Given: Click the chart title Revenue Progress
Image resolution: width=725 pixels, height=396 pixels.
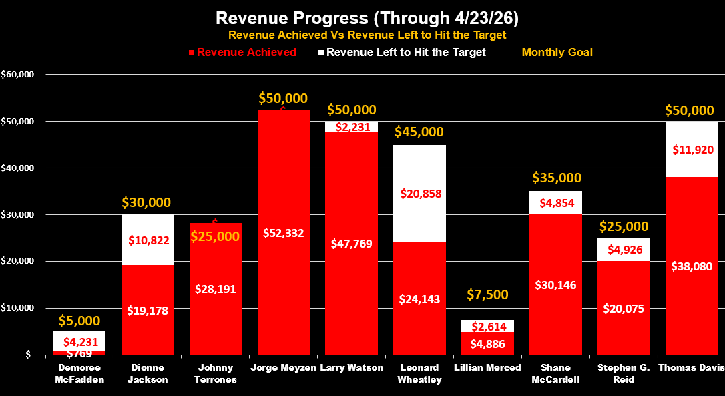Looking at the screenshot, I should click(x=362, y=17).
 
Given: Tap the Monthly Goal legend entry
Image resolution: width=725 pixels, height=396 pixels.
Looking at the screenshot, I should click(x=557, y=52).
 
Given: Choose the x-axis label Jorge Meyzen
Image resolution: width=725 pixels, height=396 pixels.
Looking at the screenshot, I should click(x=283, y=368).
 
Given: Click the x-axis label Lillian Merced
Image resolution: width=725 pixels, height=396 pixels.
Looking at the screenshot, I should click(x=487, y=368).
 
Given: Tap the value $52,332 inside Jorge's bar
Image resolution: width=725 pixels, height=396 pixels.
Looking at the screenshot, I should click(x=283, y=233).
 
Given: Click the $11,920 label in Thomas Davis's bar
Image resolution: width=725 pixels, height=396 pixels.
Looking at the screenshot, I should click(x=692, y=149).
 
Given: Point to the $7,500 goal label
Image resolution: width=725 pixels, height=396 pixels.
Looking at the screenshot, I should click(x=487, y=294).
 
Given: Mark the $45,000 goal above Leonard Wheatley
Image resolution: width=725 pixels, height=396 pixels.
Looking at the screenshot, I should click(x=419, y=132).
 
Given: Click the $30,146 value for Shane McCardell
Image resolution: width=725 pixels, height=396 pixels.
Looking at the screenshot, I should click(x=555, y=284).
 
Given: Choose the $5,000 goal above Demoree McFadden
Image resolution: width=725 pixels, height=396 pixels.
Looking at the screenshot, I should click(x=79, y=321).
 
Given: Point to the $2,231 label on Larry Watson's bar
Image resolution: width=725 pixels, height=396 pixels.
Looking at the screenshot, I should click(x=351, y=126).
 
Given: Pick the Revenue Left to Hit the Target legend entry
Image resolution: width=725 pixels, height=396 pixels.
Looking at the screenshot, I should click(x=406, y=52).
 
